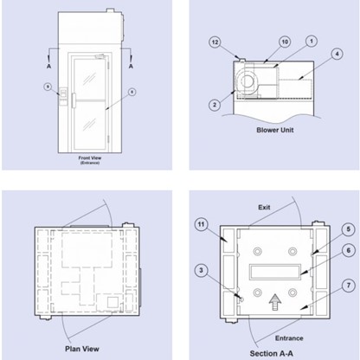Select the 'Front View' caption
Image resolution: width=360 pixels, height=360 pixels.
point(91,158)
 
